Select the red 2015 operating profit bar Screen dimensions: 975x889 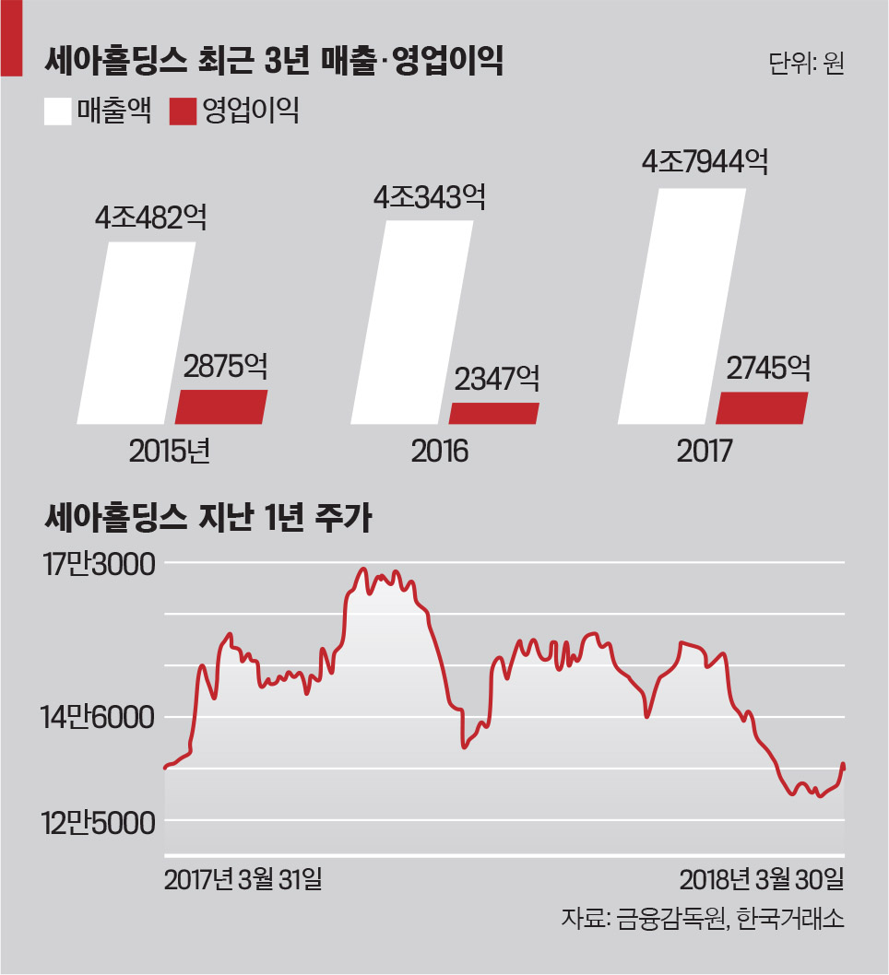tap(221, 406)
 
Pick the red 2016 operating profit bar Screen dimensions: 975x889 tap(492, 413)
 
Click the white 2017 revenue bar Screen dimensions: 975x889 tap(682, 307)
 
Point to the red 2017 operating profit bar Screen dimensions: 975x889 tap(762, 407)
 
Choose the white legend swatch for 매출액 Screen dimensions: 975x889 tap(56, 112)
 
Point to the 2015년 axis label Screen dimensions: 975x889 tap(171, 452)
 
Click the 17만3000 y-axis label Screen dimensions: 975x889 tap(97, 564)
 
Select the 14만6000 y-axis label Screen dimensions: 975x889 tap(98, 716)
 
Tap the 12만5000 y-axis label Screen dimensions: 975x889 tap(98, 821)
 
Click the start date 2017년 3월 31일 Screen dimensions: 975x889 tap(243, 879)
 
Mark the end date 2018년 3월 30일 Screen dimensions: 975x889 tap(762, 879)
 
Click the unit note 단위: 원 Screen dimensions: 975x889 tap(805, 65)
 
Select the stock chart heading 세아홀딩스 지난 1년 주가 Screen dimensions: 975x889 tap(207, 518)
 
